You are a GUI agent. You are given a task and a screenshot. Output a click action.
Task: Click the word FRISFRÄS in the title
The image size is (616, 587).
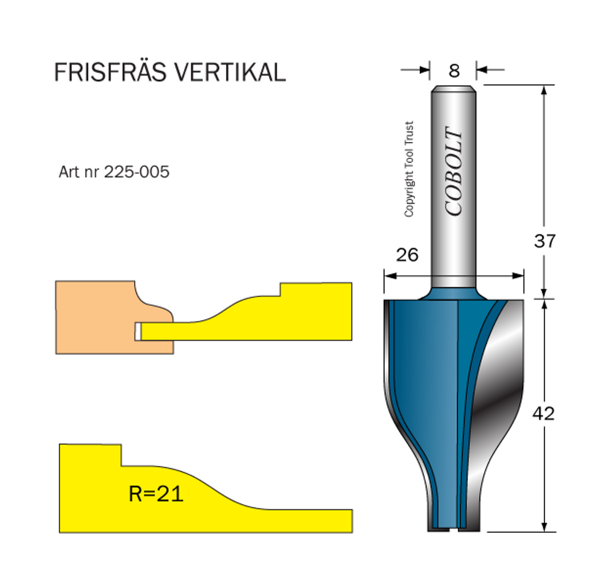(x=111, y=72)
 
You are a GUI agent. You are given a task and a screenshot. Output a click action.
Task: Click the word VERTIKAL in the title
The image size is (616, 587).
(x=230, y=73)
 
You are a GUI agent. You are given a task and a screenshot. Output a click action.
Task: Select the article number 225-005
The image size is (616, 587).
(x=137, y=172)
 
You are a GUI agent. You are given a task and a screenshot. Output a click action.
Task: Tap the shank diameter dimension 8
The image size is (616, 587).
(x=454, y=71)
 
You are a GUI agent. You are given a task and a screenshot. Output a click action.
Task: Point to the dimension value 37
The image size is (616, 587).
(x=545, y=241)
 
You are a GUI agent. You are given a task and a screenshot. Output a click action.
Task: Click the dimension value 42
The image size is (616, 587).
(x=544, y=414)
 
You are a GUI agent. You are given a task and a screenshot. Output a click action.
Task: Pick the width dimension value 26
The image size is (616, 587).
(x=407, y=255)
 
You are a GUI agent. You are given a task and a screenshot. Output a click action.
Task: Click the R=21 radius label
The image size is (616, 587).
(x=156, y=494)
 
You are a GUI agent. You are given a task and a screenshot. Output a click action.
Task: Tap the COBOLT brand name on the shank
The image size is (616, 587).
(x=454, y=171)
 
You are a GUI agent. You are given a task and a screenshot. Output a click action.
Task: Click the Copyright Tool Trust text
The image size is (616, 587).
(x=409, y=169)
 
